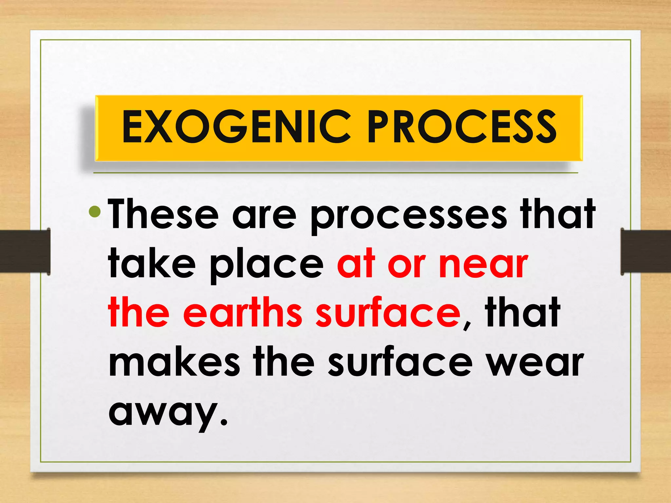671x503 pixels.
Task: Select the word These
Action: click(x=163, y=214)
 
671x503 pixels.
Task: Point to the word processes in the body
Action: click(x=408, y=216)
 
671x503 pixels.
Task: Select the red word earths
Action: click(x=242, y=313)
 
